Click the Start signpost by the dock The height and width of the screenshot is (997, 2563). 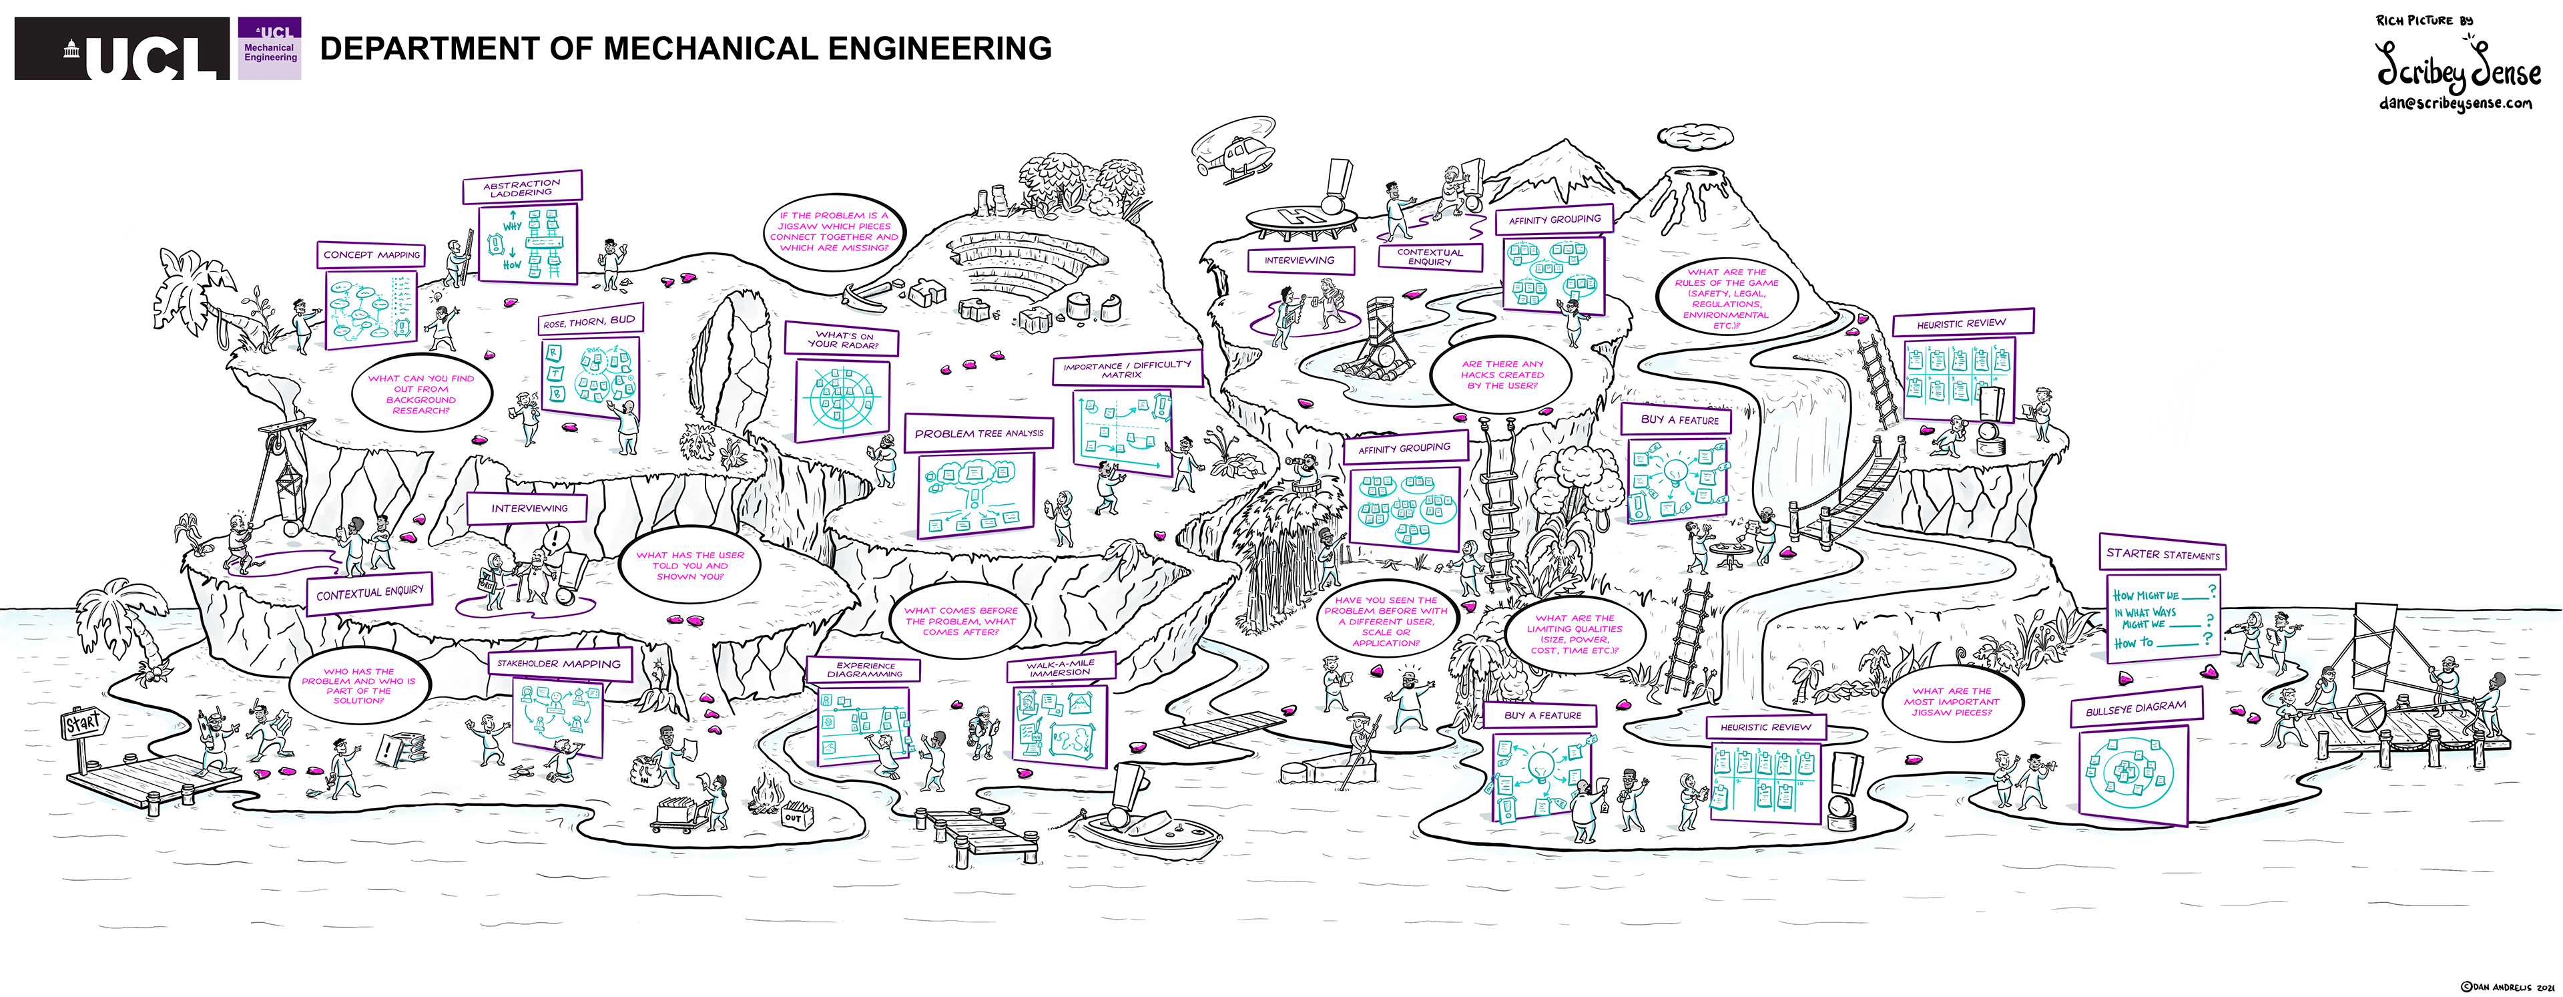pyautogui.click(x=83, y=723)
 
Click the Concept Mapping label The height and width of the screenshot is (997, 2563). pyautogui.click(x=371, y=254)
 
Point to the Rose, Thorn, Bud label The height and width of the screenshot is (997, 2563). pyautogui.click(x=589, y=321)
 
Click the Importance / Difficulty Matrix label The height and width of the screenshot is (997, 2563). pyautogui.click(x=1126, y=369)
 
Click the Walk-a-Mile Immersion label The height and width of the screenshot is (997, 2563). pyautogui.click(x=1060, y=668)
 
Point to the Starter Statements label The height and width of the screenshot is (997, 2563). pyautogui.click(x=2162, y=554)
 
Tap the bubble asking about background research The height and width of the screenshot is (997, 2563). pyautogui.click(x=421, y=394)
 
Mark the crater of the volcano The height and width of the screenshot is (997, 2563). pyautogui.click(x=1699, y=176)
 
